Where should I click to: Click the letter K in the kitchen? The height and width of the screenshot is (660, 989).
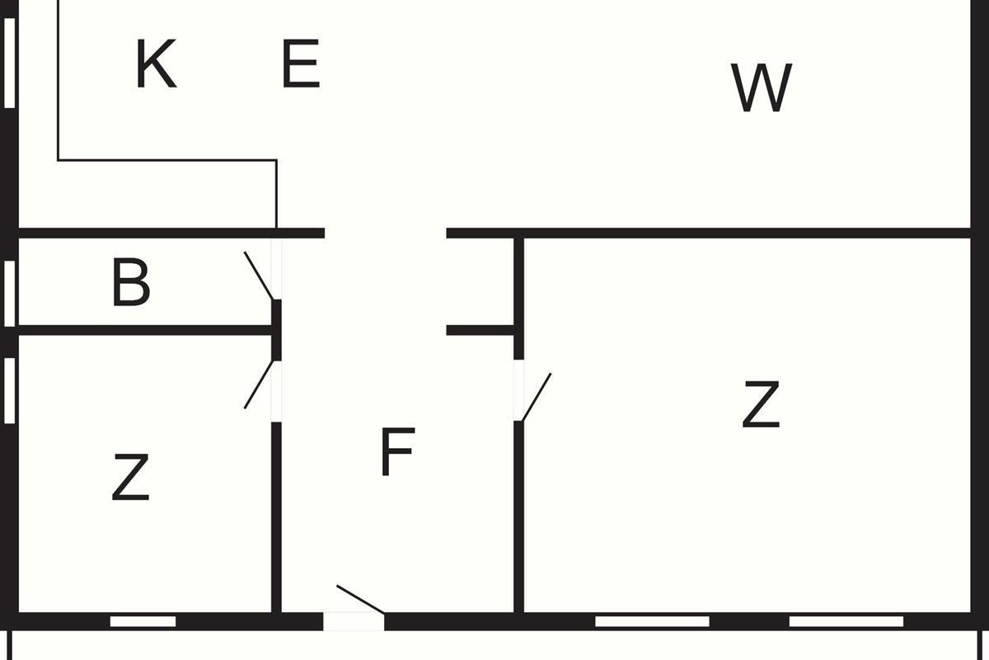tap(156, 64)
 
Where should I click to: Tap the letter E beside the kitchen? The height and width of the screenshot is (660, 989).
tap(301, 64)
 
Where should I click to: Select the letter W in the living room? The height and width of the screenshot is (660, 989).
tap(762, 87)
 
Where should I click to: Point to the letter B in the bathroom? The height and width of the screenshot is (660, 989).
tap(131, 282)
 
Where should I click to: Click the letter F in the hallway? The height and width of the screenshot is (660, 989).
tap(397, 451)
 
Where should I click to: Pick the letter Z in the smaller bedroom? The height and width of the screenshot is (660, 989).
tap(130, 477)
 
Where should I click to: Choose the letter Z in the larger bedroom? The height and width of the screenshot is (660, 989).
tap(761, 404)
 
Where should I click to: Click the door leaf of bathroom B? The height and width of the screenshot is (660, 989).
tap(259, 276)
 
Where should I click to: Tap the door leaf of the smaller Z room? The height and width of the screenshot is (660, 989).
tap(259, 384)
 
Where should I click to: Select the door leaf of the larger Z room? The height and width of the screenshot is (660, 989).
tap(537, 397)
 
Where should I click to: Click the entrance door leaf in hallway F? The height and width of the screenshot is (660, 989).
tap(360, 600)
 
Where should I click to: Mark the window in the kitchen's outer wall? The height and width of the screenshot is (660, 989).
tap(10, 63)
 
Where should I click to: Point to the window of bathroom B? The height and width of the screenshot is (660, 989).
tap(10, 294)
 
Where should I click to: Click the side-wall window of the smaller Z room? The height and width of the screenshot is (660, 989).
tap(10, 391)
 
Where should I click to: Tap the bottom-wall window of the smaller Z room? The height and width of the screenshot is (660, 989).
tap(143, 621)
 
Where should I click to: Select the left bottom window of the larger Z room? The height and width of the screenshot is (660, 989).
tap(652, 621)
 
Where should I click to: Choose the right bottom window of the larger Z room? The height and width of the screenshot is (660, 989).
tap(846, 621)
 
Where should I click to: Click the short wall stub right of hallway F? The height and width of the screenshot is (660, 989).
tap(480, 330)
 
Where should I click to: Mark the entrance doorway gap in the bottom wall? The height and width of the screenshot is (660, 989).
tap(354, 621)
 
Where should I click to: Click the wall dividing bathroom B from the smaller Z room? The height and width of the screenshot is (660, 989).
tap(145, 330)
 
